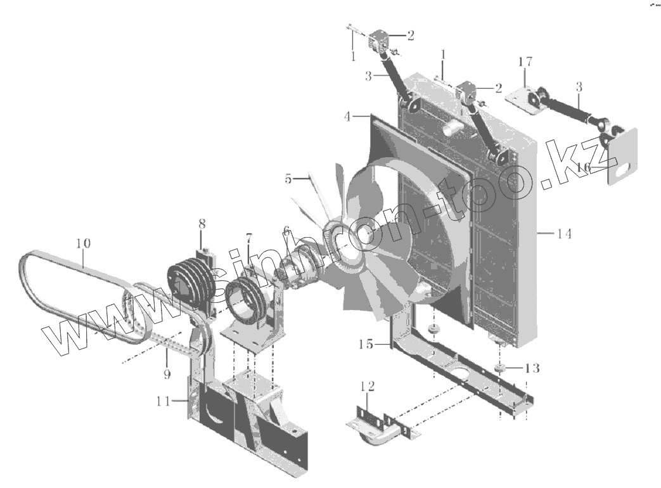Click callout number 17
(x=525, y=62)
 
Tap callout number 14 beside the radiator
(x=564, y=234)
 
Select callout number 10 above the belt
(x=83, y=243)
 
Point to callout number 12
(x=368, y=385)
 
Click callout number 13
(x=532, y=368)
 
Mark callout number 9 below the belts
(x=167, y=375)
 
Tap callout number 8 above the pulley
(x=202, y=224)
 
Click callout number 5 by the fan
(x=288, y=179)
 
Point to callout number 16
(x=583, y=167)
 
